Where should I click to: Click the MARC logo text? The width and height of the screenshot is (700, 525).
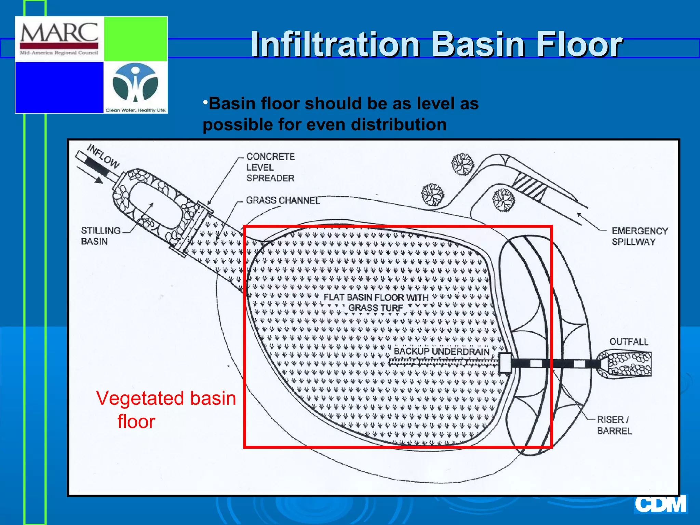coord(59,33)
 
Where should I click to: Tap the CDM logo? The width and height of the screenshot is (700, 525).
coord(661,504)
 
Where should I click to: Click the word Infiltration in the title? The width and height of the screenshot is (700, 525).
coord(335,44)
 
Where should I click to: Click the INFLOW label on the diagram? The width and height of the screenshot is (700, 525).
coord(103,156)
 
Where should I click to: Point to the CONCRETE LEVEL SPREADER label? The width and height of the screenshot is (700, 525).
coord(270,167)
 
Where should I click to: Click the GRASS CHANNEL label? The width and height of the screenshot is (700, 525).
coord(283,200)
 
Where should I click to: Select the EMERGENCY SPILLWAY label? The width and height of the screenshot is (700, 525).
coord(640,236)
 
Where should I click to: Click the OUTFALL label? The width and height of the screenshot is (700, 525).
coord(629,342)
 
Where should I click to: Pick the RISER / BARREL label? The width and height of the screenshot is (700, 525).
coord(614,425)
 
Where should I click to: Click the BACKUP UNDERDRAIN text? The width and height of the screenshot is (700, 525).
coord(441,351)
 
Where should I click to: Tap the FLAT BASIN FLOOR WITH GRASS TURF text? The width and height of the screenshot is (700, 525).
coord(376,302)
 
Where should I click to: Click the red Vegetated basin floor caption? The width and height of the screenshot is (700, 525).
coord(166,409)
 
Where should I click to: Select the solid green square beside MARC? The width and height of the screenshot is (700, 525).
coord(135,39)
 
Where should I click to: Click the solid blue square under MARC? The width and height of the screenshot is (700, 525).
coord(59,87)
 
